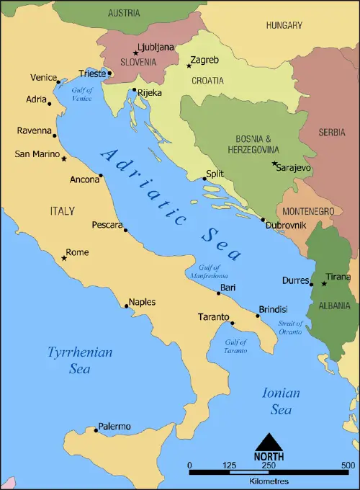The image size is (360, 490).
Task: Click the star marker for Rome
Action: click(64, 258)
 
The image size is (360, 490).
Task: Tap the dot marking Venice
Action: click(58, 82)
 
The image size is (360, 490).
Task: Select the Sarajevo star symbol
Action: click(274, 164)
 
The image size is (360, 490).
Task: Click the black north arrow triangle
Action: click(268, 441)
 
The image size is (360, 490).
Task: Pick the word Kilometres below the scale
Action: click(269, 481)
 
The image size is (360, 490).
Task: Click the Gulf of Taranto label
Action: click(235, 346)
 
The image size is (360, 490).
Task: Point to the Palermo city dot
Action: click(96, 430)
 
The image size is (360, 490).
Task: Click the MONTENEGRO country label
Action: click(307, 210)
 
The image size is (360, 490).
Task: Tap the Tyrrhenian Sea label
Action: click(80, 360)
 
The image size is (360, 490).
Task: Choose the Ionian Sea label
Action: click(281, 401)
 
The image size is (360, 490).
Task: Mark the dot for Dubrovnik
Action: click(263, 220)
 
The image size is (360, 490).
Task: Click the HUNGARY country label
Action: click(284, 25)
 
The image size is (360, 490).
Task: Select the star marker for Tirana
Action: click(323, 283)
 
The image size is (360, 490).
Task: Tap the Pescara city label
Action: click(107, 225)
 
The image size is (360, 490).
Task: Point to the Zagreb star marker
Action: click(189, 66)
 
